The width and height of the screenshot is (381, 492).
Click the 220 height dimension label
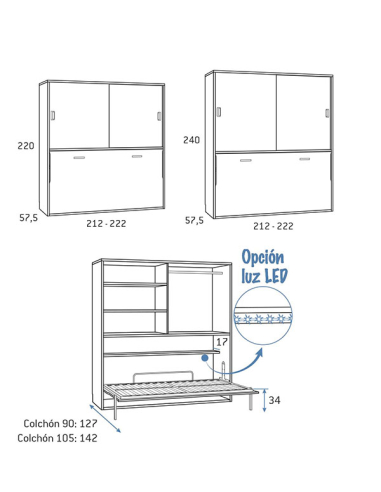point(26,146)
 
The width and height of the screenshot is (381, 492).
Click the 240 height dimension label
point(192,140)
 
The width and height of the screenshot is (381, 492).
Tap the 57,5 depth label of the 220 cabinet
point(29,218)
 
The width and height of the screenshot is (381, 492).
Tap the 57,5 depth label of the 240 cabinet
point(194,220)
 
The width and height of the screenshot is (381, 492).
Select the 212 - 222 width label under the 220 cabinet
point(106,224)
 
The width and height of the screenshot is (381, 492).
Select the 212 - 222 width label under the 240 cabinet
point(273,226)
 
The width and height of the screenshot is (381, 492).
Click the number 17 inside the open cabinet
point(222,342)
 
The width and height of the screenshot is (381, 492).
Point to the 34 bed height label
point(274,400)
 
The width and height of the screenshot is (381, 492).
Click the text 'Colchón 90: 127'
point(60,424)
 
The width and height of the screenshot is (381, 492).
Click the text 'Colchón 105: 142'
point(57,438)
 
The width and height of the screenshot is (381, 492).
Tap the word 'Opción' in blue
point(263,258)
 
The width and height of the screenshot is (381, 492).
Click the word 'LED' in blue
point(276,276)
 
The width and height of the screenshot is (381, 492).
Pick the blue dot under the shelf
point(205,358)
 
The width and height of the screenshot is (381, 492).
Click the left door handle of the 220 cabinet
point(53,115)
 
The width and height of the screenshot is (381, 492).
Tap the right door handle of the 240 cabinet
point(327,113)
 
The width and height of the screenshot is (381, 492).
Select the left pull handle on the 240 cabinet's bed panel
point(246,160)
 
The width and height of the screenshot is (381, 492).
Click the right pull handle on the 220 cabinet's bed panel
point(137,156)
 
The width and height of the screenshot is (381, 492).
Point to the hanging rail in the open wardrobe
point(196,273)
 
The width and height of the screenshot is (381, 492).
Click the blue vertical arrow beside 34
point(265,400)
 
